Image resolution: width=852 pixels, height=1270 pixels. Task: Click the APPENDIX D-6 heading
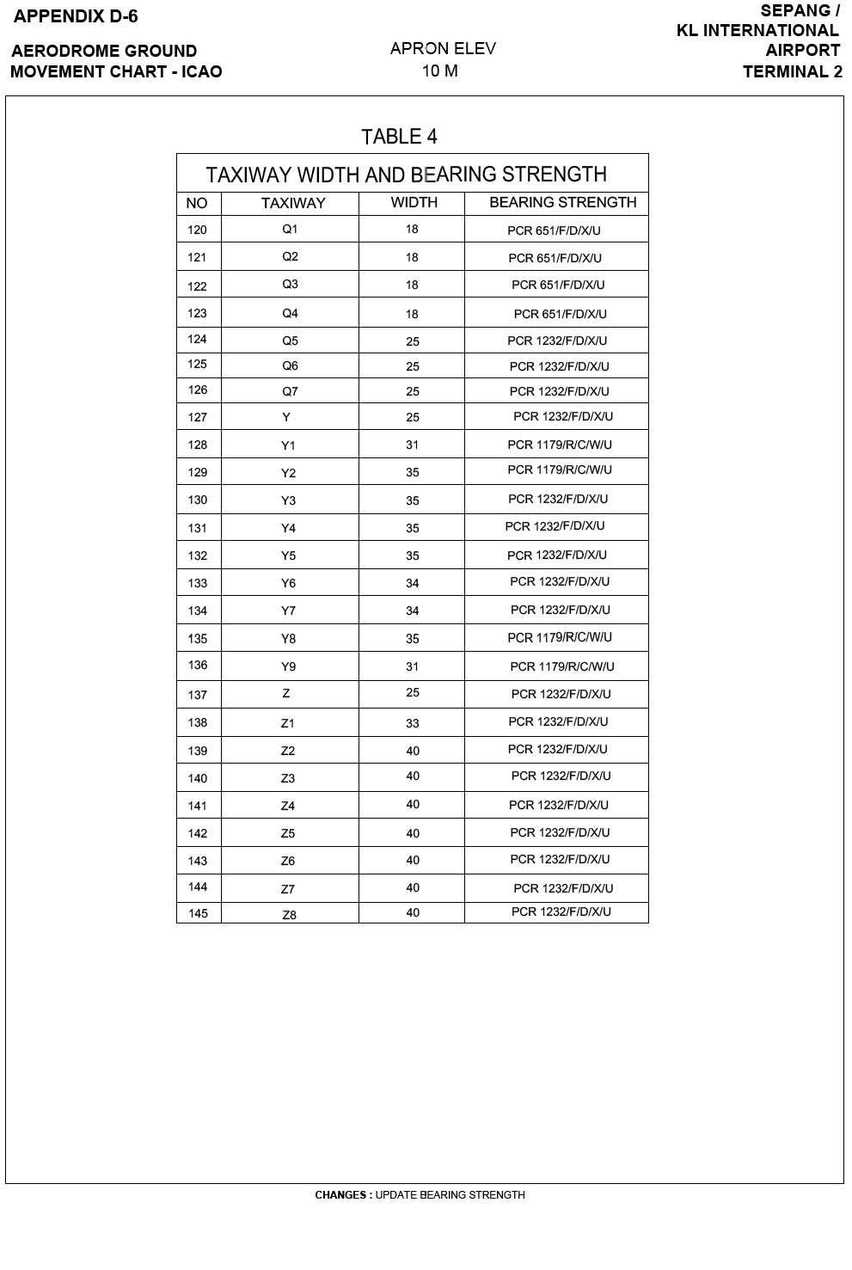point(76,16)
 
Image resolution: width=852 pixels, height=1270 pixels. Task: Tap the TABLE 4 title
point(399,137)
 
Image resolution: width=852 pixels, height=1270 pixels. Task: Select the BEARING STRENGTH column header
point(562,203)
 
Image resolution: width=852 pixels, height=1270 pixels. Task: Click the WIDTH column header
point(414,203)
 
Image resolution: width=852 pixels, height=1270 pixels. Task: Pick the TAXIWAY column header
point(293,204)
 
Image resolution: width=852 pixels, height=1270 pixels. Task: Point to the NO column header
point(197,204)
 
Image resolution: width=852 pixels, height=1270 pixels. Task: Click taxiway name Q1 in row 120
point(290,230)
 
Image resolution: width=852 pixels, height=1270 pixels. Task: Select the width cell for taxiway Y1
point(413,445)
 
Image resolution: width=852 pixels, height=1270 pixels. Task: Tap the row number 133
point(198,583)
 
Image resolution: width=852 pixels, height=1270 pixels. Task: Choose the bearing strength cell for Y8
point(560,638)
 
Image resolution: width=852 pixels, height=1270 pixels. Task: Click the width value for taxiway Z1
point(413,723)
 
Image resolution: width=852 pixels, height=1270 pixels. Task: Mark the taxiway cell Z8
point(290,915)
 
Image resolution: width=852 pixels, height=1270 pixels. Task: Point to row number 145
point(198,913)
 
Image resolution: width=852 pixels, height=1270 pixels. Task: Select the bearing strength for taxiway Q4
point(560,314)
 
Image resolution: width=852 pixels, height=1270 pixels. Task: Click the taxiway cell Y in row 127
point(286,417)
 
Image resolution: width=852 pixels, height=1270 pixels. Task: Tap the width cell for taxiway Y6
point(413,583)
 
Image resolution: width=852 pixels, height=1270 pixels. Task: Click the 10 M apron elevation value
point(439,71)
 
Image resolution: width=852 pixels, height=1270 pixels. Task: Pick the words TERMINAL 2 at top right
point(792,71)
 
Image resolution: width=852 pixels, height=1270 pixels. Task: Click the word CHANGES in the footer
point(341,1195)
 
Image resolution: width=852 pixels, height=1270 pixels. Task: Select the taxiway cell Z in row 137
point(286,693)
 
